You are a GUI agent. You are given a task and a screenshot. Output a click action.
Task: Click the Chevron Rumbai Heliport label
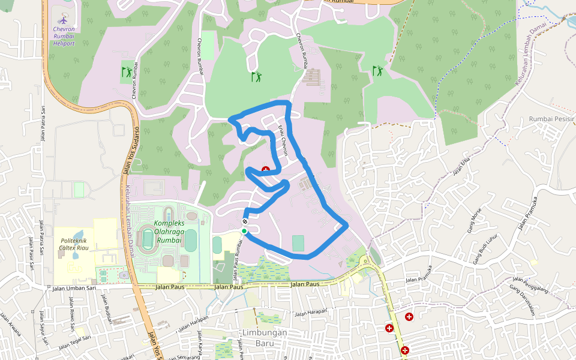pyautogui.click(x=64, y=35)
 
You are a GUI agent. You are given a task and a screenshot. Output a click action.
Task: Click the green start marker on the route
pyautogui.click(x=244, y=231)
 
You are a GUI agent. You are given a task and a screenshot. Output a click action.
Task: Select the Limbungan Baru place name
pyautogui.click(x=264, y=337)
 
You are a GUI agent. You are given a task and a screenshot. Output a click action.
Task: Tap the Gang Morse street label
pyautogui.click(x=474, y=221)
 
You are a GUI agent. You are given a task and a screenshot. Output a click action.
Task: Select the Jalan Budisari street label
pyautogui.click(x=107, y=309)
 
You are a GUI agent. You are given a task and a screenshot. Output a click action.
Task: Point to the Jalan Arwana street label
pyautogui.click(x=11, y=325)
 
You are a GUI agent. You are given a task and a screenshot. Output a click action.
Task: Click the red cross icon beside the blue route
pyautogui.click(x=265, y=170)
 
